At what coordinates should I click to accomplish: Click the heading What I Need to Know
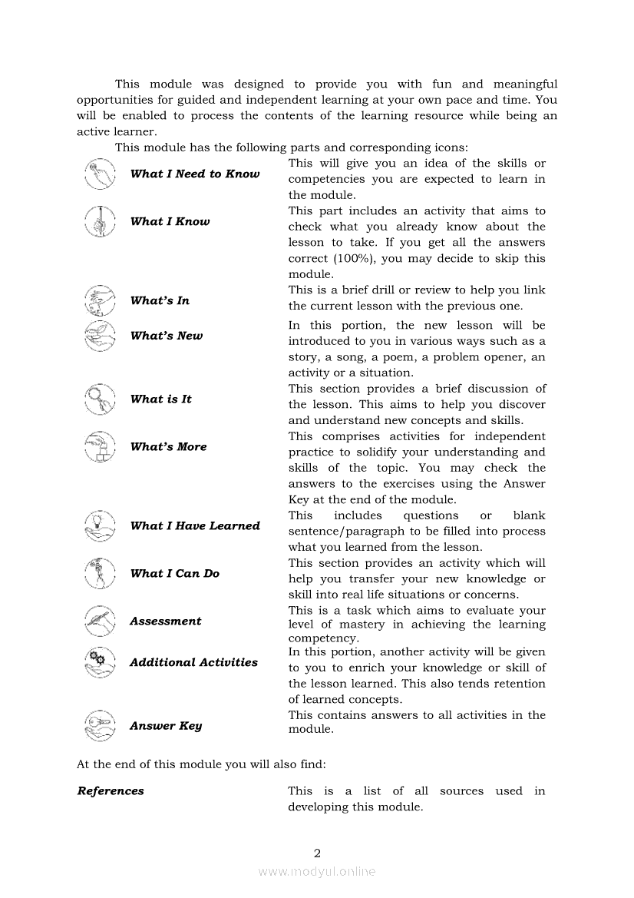195,174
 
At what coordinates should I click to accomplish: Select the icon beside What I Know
99,222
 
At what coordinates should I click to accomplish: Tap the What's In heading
160,301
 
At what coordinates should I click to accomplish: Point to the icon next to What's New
99,336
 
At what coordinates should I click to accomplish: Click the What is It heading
160,399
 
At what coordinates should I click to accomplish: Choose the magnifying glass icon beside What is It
99,399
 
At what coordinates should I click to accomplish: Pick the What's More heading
168,447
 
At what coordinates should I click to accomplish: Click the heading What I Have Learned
195,526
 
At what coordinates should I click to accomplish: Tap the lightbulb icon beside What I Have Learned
99,526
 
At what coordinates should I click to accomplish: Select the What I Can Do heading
175,574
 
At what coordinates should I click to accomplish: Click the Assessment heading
165,621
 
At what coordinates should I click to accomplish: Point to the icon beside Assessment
99,621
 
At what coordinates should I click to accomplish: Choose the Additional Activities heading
193,663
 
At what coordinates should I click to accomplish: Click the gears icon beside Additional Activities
99,663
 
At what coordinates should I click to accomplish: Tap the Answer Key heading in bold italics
166,726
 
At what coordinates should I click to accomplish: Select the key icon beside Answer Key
99,726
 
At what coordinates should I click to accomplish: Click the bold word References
111,791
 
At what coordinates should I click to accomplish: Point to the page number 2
317,853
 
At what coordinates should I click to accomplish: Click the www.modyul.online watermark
317,872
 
